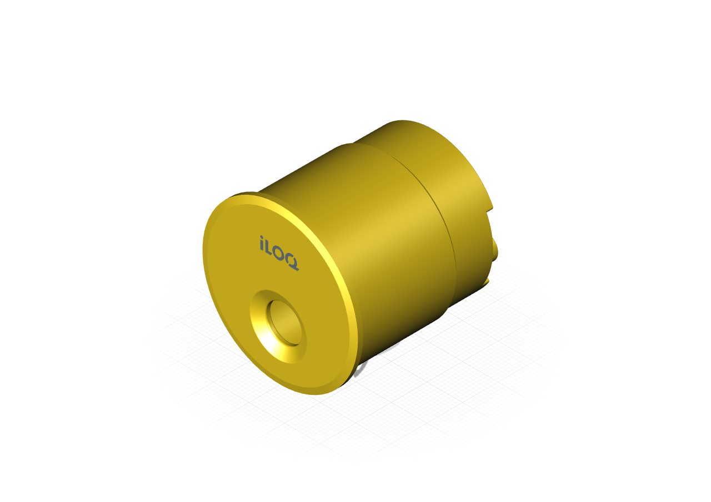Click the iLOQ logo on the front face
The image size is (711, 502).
(x=279, y=253)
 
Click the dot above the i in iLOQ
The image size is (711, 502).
(x=262, y=237)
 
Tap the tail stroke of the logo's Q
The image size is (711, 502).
(x=294, y=268)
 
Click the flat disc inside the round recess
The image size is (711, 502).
(x=285, y=322)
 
